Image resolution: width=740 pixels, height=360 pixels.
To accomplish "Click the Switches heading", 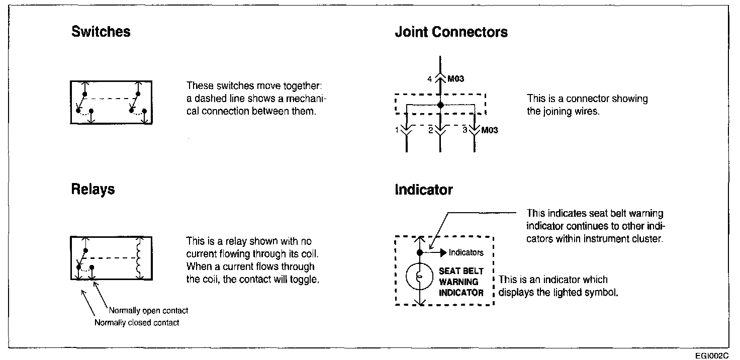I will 101,32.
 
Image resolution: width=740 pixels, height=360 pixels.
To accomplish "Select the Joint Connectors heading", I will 451,33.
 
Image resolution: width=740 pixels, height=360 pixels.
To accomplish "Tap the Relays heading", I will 93,190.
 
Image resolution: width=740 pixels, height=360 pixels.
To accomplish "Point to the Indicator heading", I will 423,190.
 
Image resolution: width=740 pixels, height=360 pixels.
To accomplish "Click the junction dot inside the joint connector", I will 440,105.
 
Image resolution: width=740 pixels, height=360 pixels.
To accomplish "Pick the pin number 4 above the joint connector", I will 429,78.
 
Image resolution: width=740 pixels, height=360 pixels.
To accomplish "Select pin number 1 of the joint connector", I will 397,130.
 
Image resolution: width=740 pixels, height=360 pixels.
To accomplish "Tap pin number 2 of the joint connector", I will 430,130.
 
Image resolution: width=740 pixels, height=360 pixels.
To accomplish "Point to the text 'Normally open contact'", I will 148,311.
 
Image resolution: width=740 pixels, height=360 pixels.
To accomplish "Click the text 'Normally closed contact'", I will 136,323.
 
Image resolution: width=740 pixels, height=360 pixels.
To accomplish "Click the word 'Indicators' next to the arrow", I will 466,253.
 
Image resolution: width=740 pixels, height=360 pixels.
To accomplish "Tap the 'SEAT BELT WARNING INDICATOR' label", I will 461,282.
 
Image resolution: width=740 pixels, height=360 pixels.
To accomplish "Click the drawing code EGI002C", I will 712,355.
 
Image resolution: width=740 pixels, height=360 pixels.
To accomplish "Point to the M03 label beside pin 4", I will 455,79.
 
